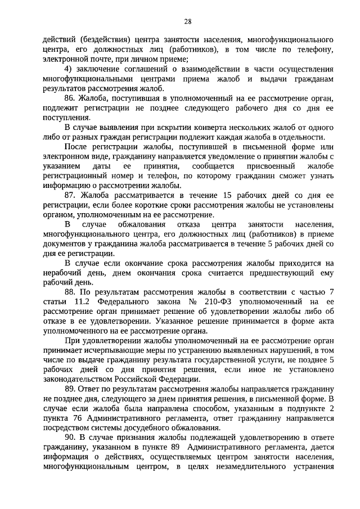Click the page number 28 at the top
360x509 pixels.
(188, 21)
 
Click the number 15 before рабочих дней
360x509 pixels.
(228, 195)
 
